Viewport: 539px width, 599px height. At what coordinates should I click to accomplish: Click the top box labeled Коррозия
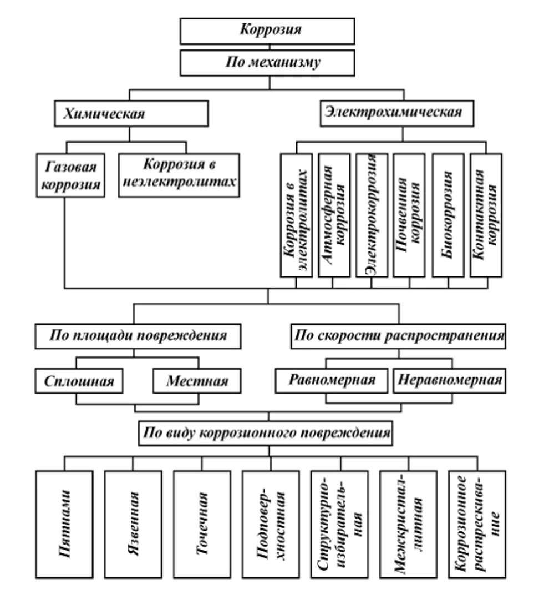point(270,31)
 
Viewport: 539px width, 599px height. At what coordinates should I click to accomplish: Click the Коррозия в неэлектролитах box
point(179,174)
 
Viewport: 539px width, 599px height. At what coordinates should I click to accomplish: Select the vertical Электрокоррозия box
point(372,214)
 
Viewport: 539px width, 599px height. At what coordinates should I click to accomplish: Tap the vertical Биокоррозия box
point(448,214)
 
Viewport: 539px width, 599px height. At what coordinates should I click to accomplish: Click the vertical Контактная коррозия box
point(486,214)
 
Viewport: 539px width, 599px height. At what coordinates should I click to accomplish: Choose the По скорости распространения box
point(398,336)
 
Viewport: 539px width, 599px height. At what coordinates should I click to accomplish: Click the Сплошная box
point(78,382)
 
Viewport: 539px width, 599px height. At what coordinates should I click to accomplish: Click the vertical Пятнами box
point(65,524)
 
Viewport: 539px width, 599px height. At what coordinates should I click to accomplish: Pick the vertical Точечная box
point(202,524)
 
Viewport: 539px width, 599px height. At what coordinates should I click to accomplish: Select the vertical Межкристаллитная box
point(409,524)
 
